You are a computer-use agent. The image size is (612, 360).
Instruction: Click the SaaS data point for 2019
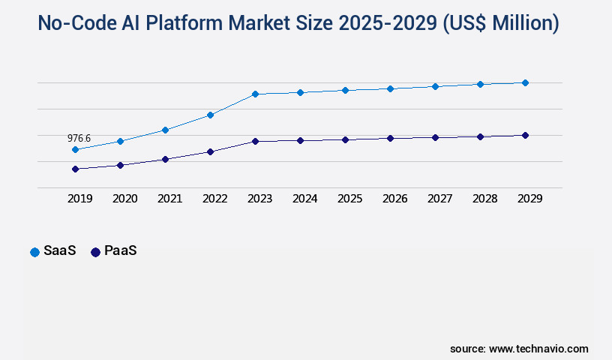(x=75, y=149)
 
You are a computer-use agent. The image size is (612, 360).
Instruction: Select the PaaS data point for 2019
(x=75, y=169)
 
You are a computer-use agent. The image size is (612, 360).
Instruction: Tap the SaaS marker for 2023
(x=255, y=94)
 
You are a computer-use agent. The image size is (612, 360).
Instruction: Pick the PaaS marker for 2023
(x=255, y=141)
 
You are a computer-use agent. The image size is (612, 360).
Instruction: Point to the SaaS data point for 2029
(x=525, y=82)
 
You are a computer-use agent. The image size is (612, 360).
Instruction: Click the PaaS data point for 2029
(x=525, y=135)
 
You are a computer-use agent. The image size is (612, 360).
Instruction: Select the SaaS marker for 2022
(x=210, y=115)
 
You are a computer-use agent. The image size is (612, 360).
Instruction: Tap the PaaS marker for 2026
(x=390, y=138)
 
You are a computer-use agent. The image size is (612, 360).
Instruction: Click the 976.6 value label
(x=79, y=138)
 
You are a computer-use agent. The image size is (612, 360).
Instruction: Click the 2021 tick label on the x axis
(x=169, y=199)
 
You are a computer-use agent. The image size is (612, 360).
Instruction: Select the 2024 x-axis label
(x=304, y=199)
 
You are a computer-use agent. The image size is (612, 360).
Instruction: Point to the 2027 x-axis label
(x=439, y=199)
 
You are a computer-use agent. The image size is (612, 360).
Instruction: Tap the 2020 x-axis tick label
(x=124, y=199)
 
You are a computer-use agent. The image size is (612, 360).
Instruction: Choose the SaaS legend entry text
(x=60, y=251)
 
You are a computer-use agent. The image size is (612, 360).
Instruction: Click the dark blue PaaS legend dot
(x=95, y=252)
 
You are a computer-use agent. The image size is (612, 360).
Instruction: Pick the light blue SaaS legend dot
(x=34, y=252)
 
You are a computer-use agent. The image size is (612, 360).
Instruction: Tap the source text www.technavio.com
(x=538, y=349)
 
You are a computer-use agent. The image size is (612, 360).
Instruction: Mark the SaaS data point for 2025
(x=345, y=90)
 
